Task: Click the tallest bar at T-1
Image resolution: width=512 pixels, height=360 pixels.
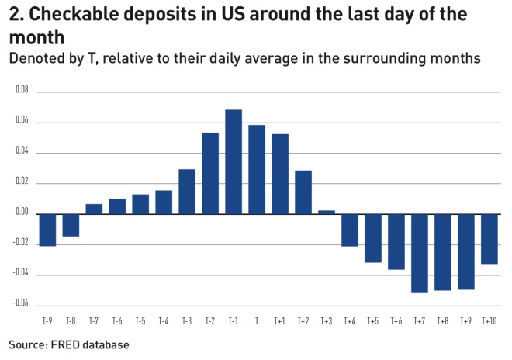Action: (x=234, y=161)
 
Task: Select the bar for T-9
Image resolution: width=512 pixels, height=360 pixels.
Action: (x=47, y=230)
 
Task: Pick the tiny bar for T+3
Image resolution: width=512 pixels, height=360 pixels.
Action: (x=327, y=212)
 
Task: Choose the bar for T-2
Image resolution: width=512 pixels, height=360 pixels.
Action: (x=210, y=173)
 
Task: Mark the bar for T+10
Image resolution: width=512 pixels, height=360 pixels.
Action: (x=490, y=238)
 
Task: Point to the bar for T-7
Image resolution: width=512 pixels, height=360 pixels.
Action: (x=94, y=209)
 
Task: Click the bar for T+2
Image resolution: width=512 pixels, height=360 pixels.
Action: (x=303, y=192)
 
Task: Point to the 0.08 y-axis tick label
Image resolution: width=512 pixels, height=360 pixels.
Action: (x=22, y=91)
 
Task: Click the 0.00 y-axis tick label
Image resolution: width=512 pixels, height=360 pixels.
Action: (x=22, y=213)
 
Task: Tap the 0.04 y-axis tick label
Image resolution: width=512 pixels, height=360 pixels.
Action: (x=22, y=152)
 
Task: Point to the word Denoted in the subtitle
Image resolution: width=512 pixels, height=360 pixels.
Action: (x=36, y=57)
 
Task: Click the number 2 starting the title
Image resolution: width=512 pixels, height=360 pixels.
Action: (x=14, y=16)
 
